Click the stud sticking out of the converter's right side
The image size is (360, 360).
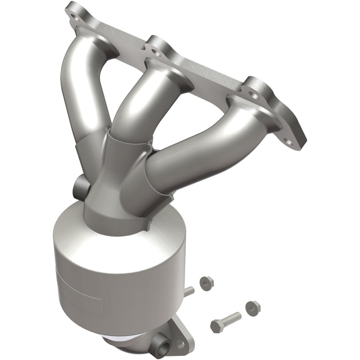click(189, 291)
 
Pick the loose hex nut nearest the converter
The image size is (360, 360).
click(207, 282)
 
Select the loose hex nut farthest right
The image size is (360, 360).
click(253, 308)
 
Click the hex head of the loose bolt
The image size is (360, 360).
click(217, 326)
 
